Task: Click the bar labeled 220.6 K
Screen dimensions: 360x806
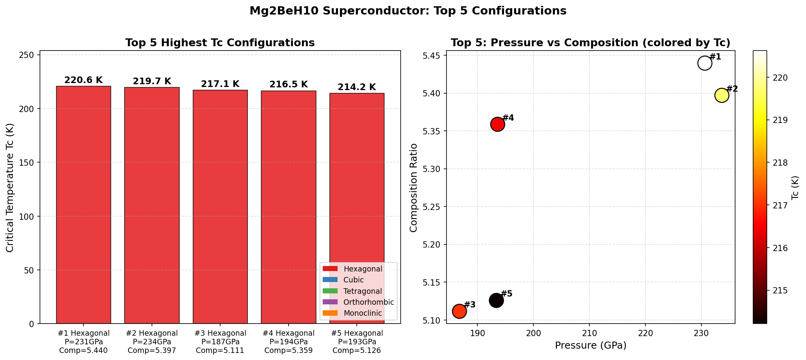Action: pos(83,204)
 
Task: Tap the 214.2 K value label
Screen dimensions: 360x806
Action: pos(356,87)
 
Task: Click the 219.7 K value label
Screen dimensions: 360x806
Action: pos(152,81)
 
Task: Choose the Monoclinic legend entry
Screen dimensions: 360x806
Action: pos(362,313)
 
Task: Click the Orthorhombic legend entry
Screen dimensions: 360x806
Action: pos(368,302)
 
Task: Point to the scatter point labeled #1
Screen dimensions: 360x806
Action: pos(704,63)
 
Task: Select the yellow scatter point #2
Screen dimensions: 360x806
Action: pos(721,95)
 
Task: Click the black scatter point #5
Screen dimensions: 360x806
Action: pos(496,300)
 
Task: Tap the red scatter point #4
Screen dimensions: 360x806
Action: pos(497,124)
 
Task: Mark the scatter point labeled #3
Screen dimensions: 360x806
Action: pos(459,311)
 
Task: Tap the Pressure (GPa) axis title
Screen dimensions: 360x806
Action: pos(591,346)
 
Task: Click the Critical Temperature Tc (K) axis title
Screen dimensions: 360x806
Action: pos(10,188)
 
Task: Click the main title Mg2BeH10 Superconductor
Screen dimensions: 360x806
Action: pos(408,11)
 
